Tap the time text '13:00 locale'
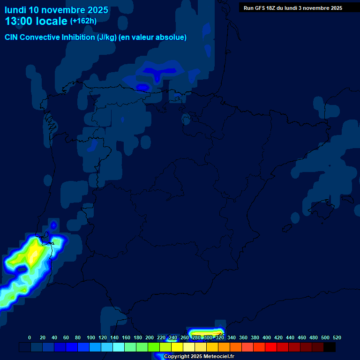pos(36,21)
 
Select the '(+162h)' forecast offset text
pos(83,21)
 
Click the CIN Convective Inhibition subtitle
pos(96,37)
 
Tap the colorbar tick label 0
pos(30,337)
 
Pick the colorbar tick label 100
pos(91,337)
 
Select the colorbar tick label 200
pos(150,337)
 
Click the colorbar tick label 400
pos(267,337)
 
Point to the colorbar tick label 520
pos(337,337)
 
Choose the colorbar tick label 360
pos(243,337)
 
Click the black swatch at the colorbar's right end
pos(330,347)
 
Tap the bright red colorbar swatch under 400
pos(271,347)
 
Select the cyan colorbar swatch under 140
pos(119,347)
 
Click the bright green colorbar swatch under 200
pos(154,347)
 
